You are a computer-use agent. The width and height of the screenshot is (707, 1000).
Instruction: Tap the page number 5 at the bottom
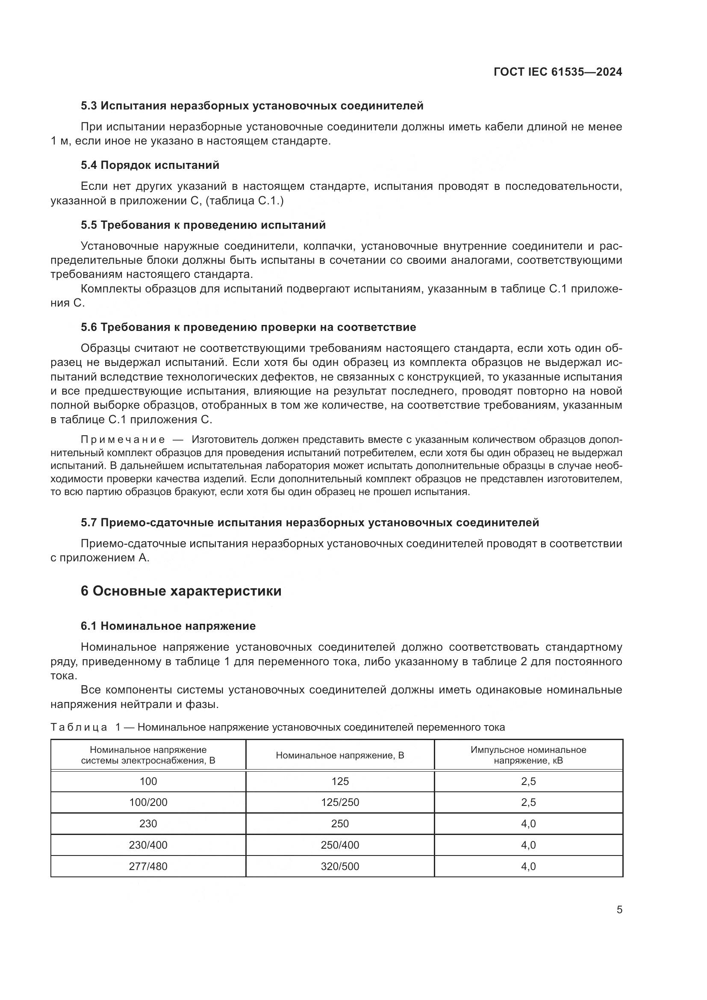pyautogui.click(x=619, y=909)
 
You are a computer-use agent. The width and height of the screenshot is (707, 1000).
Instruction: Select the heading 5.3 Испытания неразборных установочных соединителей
pyautogui.click(x=252, y=106)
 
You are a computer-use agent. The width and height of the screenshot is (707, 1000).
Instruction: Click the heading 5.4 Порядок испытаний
pyautogui.click(x=150, y=165)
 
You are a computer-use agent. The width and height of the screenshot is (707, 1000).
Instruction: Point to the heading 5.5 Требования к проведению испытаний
pyautogui.click(x=203, y=225)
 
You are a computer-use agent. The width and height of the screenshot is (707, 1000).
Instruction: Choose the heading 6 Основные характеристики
pyautogui.click(x=181, y=591)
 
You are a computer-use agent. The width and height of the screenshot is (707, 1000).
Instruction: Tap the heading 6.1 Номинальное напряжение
pyautogui.click(x=168, y=626)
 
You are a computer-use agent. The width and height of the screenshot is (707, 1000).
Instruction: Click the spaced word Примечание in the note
pyautogui.click(x=123, y=439)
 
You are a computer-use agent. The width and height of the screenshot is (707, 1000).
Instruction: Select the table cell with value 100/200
pyautogui.click(x=148, y=802)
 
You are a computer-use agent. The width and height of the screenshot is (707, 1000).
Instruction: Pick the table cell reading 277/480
pyautogui.click(x=148, y=866)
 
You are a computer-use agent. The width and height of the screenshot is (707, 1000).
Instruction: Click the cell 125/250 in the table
pyautogui.click(x=340, y=802)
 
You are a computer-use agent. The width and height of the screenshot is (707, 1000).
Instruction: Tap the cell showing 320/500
pyautogui.click(x=340, y=866)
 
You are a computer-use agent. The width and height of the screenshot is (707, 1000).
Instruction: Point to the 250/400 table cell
pyautogui.click(x=340, y=845)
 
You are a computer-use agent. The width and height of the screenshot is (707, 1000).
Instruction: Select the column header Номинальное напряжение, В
pyautogui.click(x=340, y=755)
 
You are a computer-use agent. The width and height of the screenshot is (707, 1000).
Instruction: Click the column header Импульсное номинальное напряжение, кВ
pyautogui.click(x=528, y=755)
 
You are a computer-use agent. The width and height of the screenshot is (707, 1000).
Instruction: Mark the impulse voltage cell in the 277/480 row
pyautogui.click(x=528, y=866)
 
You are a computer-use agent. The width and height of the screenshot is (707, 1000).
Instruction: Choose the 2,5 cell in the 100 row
pyautogui.click(x=528, y=782)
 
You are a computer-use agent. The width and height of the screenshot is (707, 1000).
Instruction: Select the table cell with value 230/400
pyautogui.click(x=148, y=845)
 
